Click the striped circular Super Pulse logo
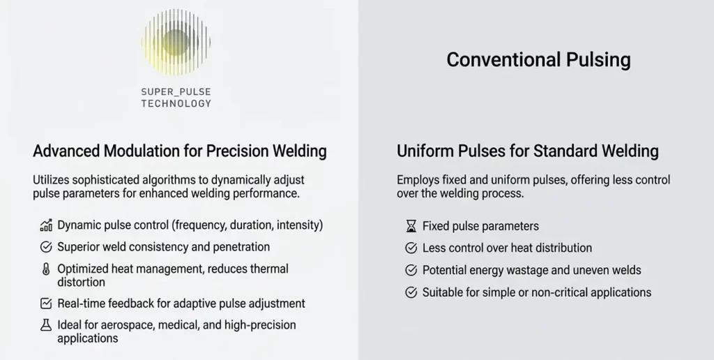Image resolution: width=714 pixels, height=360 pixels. [176, 42]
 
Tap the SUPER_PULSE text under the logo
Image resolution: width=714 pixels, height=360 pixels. [176, 92]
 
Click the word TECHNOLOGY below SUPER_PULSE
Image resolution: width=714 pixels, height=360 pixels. [176, 104]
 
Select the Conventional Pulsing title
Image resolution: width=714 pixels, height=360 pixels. [538, 60]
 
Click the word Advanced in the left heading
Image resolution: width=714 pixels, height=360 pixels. [67, 151]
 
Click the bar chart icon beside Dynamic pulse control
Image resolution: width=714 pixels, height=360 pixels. [47, 225]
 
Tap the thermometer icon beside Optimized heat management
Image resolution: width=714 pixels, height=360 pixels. [47, 269]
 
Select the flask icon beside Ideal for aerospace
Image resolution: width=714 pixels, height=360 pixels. [47, 325]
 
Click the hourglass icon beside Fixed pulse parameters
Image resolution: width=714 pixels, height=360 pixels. [411, 226]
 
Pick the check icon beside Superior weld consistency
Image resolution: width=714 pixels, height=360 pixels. [47, 246]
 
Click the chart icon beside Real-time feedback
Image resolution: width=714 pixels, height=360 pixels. [47, 303]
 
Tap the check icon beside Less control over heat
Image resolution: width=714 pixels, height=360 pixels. [411, 248]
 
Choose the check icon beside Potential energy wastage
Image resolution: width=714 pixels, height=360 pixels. [411, 270]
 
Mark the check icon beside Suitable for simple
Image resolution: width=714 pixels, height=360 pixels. [411, 292]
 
